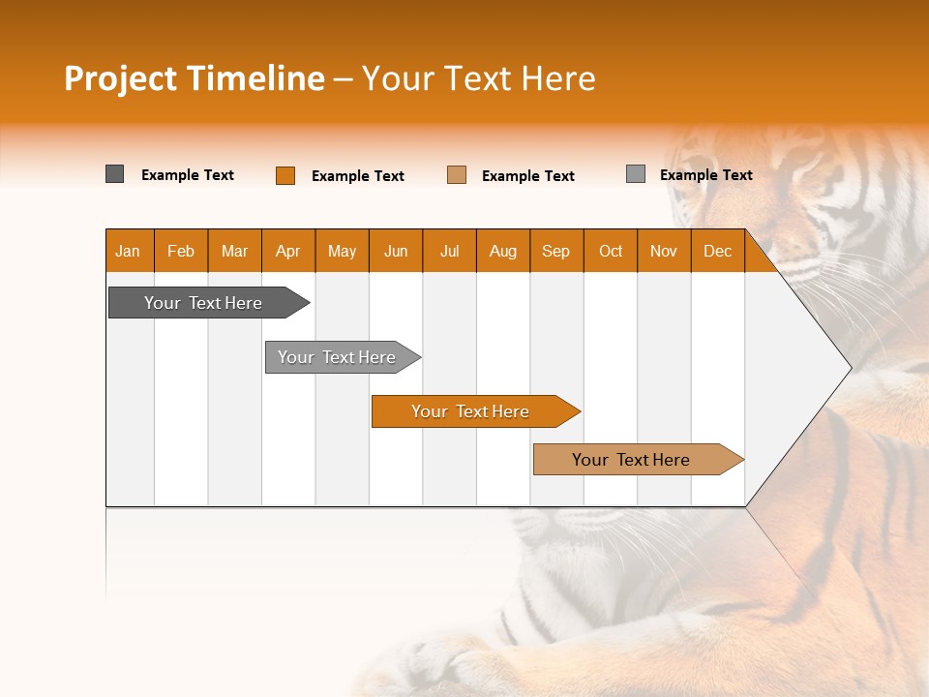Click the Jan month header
point(128,251)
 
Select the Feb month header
point(181,251)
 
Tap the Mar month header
point(234,251)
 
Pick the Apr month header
point(288,251)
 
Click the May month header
point(342,251)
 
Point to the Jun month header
point(396,251)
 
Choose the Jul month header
point(449,251)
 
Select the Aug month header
point(503,251)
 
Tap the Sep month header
point(556,251)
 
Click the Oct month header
point(611,251)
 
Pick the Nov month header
point(664,251)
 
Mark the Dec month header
point(718,251)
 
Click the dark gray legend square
point(115,174)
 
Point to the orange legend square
point(285,175)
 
